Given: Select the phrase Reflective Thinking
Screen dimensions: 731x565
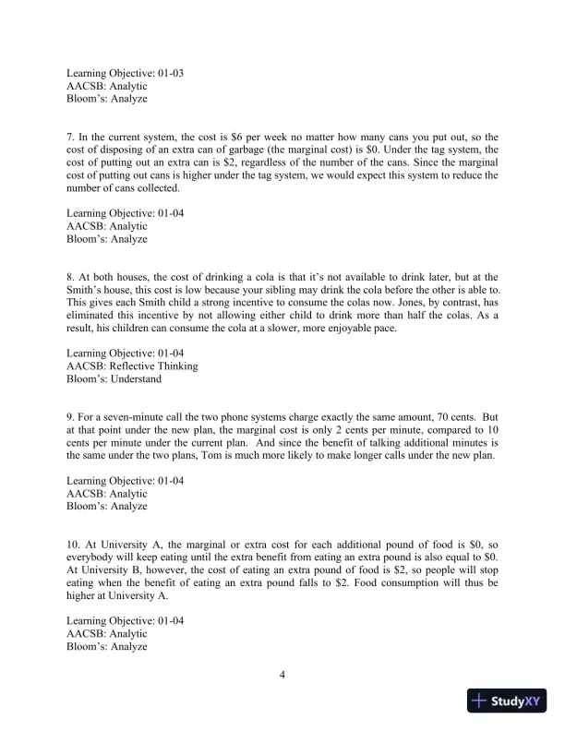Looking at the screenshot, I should [155, 365].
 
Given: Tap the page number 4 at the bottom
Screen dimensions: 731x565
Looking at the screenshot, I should [282, 675].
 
